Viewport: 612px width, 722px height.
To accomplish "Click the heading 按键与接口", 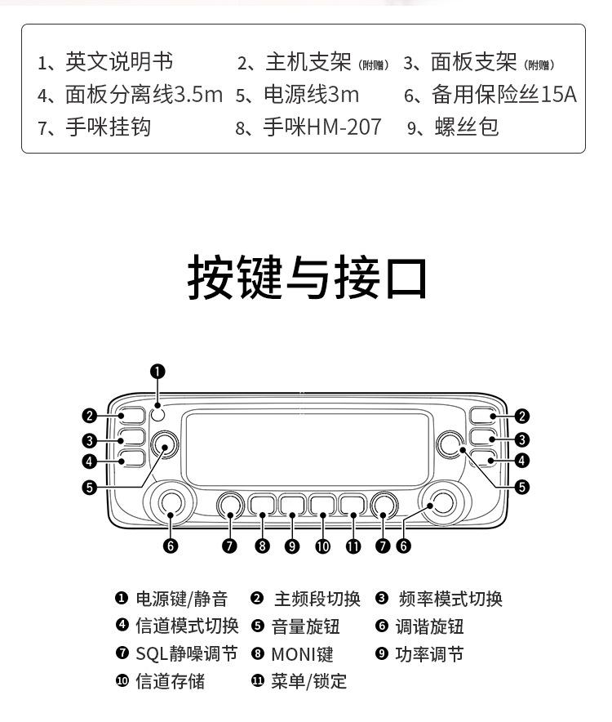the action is (x=308, y=278).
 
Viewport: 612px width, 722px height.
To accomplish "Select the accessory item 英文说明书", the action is (x=118, y=62).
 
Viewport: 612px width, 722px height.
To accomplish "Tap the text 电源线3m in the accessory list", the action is (x=310, y=95).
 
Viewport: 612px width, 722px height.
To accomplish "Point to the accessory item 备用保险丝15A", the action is (x=503, y=95).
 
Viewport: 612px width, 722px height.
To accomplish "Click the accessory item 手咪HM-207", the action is (x=322, y=127).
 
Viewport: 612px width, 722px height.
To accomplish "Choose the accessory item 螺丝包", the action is (x=466, y=127).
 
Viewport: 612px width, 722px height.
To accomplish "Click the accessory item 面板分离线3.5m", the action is (x=144, y=95).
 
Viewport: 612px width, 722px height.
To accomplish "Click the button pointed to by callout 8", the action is (x=262, y=504).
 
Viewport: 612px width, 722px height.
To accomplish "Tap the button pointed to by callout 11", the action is (x=353, y=504).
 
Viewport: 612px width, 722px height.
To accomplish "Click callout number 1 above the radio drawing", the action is (x=158, y=372).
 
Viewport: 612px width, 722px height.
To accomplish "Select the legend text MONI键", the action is (x=302, y=654).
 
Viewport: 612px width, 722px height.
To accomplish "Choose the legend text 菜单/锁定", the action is (x=309, y=681).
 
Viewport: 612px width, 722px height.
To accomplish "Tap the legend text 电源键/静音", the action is (x=181, y=599).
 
